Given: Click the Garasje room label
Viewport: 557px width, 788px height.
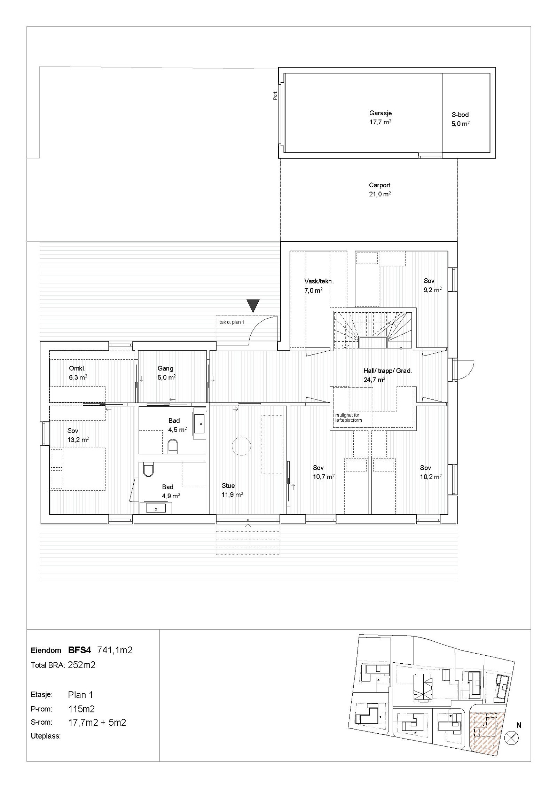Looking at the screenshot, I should coord(380,113).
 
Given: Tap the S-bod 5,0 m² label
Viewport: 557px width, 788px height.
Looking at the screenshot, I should coord(460,119).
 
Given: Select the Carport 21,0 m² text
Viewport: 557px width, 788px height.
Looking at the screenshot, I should coord(379,190).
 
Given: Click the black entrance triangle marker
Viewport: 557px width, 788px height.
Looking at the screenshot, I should coord(253,305).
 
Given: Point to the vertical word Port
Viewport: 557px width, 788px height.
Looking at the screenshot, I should coord(275,96).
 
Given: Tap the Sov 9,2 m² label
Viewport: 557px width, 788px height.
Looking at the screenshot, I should coord(432,285).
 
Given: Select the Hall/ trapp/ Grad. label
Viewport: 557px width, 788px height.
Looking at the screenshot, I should coord(387,371).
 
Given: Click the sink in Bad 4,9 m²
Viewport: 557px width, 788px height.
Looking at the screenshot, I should coord(156,509).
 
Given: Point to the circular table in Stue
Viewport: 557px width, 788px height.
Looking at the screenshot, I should coord(241,446).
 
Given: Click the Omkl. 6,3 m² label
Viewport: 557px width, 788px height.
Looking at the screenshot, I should coord(78,373).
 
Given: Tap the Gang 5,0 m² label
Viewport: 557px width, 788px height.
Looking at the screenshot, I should coord(166,373).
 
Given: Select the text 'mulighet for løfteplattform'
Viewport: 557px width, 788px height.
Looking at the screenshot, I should coord(348,418).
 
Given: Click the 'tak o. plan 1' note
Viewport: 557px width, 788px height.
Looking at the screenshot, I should coord(232,322).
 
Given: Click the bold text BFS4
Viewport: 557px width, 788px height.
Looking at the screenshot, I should coord(80,650).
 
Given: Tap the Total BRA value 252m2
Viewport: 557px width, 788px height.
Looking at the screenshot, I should coord(81,665).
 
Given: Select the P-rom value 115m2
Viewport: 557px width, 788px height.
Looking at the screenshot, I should coord(81,709).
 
